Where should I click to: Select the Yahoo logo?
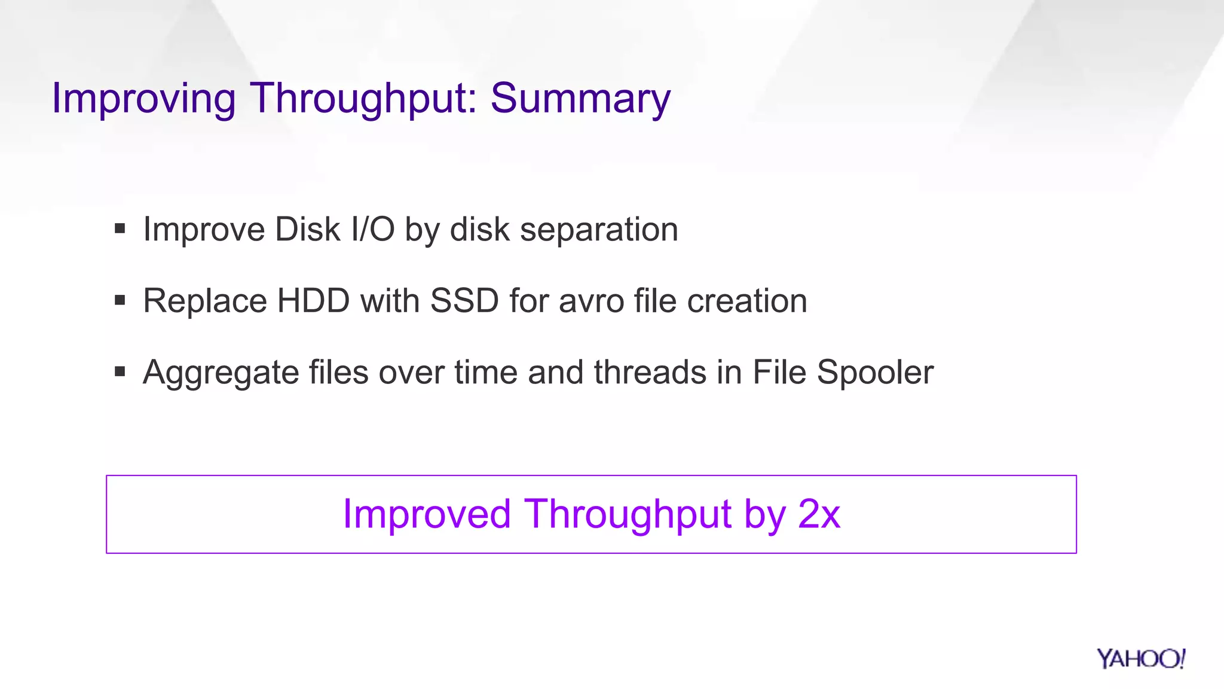(1140, 658)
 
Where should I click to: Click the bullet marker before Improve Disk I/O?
(120, 228)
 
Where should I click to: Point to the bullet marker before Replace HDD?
(120, 300)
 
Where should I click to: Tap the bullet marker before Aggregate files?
(120, 371)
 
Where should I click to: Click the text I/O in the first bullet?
(373, 229)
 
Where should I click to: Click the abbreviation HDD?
(313, 300)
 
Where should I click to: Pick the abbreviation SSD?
(464, 300)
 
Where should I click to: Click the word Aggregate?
(221, 373)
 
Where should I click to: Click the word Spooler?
(875, 373)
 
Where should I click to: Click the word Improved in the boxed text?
(427, 514)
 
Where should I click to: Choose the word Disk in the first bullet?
(307, 229)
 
